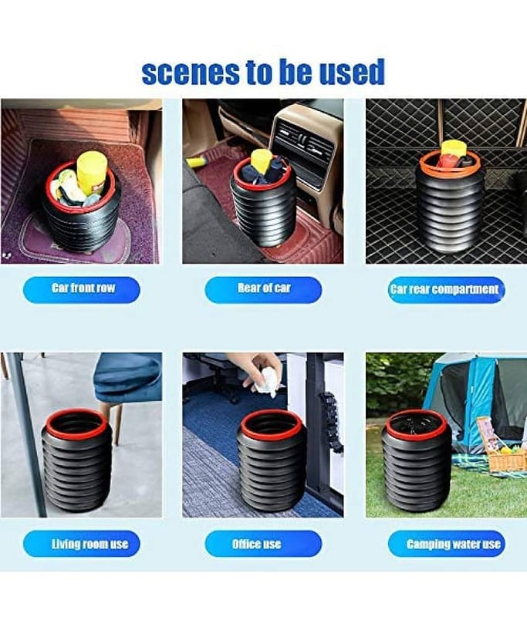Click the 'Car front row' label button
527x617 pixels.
click(82, 290)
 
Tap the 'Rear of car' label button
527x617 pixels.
click(263, 290)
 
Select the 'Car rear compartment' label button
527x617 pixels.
click(446, 290)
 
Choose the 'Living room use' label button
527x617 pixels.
click(82, 544)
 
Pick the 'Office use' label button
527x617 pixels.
click(263, 544)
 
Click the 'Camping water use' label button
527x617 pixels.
click(446, 544)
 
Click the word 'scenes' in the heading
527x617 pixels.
click(191, 72)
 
